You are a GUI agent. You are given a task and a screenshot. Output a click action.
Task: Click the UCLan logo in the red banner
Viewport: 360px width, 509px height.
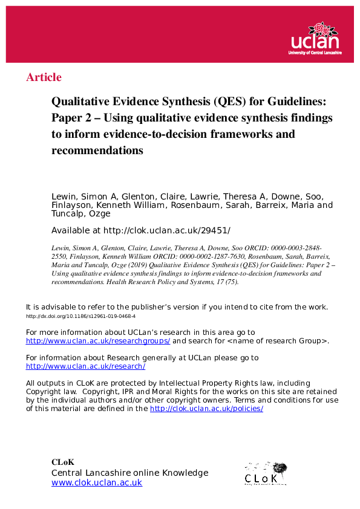(315, 38)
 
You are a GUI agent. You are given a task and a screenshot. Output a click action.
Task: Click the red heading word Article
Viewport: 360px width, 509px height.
(44, 77)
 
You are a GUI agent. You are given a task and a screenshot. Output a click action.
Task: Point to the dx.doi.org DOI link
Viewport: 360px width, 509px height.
(80, 316)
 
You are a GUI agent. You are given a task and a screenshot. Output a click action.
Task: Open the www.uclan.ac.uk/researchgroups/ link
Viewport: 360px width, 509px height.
(98, 341)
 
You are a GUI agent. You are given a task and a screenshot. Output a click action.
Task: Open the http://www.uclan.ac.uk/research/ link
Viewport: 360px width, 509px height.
(85, 366)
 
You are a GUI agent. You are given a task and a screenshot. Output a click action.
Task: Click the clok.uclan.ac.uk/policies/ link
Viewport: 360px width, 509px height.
(206, 409)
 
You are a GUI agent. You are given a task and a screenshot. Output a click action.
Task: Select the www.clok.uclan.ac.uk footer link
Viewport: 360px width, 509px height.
(97, 482)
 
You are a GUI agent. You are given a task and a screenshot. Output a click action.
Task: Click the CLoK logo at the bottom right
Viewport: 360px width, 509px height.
(265, 473)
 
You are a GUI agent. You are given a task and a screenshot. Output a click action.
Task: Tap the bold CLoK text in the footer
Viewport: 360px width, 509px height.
(62, 462)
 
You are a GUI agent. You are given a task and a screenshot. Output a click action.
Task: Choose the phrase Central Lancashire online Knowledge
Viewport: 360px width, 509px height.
(129, 473)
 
